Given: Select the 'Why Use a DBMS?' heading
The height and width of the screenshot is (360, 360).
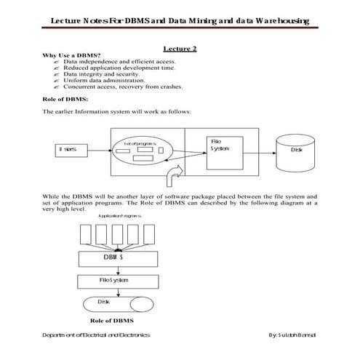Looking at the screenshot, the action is pyautogui.click(x=72, y=56).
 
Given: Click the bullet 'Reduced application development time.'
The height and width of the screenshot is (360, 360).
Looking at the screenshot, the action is pyautogui.click(x=119, y=68).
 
